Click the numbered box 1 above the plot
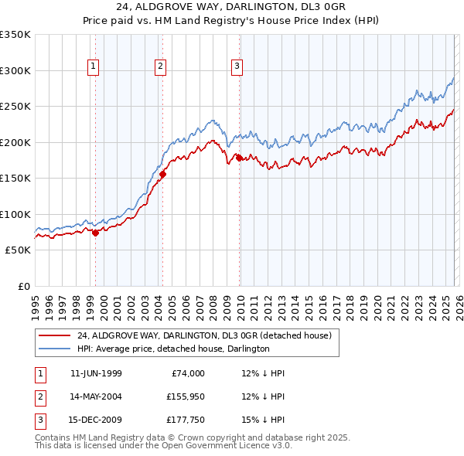pos(93,67)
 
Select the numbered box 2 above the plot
pos(160,67)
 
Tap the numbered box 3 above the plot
pos(236,67)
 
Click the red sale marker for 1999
pos(96,233)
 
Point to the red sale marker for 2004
pos(163,174)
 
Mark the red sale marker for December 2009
pos(240,158)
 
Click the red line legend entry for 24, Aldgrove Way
pos(204,335)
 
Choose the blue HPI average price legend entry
pos(172,349)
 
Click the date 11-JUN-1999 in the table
pos(96,373)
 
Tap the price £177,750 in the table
pos(185,421)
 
